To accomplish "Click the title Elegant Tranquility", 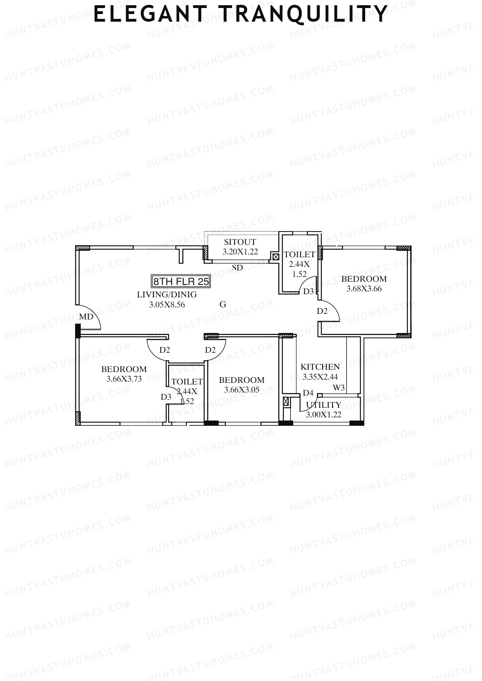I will [240, 15].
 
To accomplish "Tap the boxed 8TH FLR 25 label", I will [181, 281].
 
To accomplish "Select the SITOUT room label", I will [240, 242].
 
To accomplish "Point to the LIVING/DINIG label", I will [167, 295].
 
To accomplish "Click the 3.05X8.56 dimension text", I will [167, 305].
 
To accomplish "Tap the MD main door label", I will [86, 317].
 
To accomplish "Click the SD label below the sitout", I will [237, 268].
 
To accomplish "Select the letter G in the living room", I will [223, 305].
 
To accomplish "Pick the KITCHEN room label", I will [320, 367].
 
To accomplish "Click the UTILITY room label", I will [323, 405].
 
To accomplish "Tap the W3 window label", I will [339, 388].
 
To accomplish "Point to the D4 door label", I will [308, 393].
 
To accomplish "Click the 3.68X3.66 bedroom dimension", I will [364, 289].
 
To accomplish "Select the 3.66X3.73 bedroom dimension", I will [124, 379].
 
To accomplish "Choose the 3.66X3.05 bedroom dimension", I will [241, 390].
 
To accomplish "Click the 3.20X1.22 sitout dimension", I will [240, 252].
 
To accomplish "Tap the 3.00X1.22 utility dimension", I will [323, 415].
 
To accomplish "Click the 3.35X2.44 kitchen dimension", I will [320, 377].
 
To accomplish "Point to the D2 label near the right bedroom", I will [322, 311].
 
